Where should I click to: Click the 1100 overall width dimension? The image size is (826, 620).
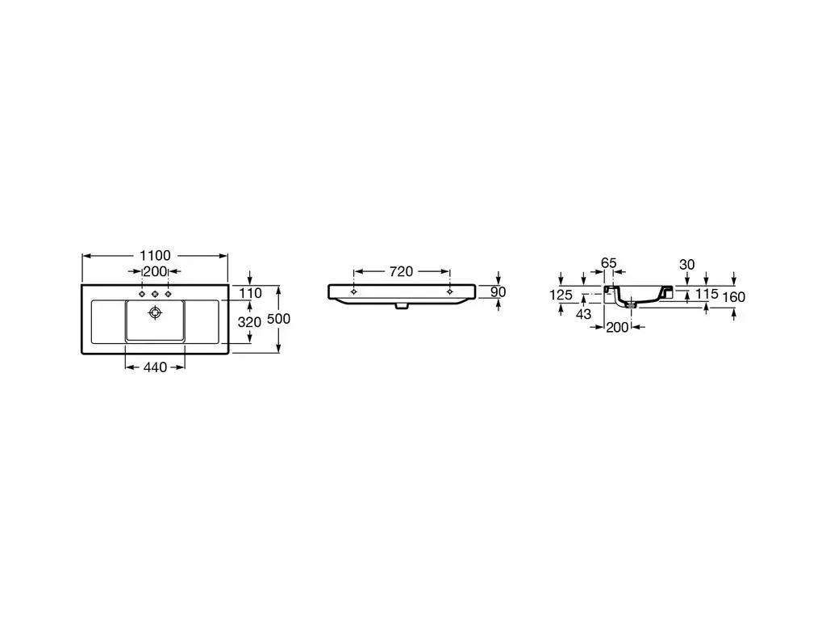click(x=155, y=256)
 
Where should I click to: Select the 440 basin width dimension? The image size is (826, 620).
click(x=155, y=367)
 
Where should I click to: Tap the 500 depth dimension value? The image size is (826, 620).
click(x=278, y=319)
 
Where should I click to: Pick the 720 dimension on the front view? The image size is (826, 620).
click(x=401, y=272)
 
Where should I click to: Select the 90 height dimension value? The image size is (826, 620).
click(x=498, y=291)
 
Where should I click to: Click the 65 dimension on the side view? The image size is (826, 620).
click(x=608, y=263)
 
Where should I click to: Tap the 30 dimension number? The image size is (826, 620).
click(x=686, y=264)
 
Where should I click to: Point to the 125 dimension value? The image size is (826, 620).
click(x=561, y=295)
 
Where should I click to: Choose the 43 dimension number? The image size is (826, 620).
click(x=583, y=312)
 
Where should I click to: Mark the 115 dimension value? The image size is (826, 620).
click(x=707, y=295)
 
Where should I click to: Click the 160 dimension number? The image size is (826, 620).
click(x=734, y=297)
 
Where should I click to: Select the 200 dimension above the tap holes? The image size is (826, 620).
click(x=155, y=271)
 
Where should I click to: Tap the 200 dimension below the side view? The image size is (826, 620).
click(x=617, y=327)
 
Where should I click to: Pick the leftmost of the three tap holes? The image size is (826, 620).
click(x=142, y=292)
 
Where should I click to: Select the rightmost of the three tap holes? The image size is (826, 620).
click(x=168, y=292)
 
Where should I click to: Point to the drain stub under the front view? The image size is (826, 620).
click(x=401, y=307)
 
